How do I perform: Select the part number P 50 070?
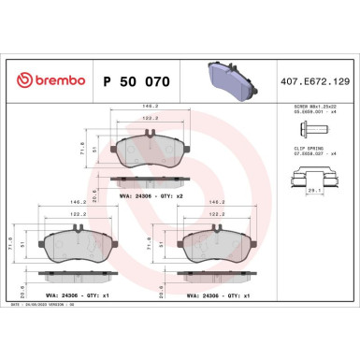click(x=134, y=82)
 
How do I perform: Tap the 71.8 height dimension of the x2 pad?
click(x=82, y=149)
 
